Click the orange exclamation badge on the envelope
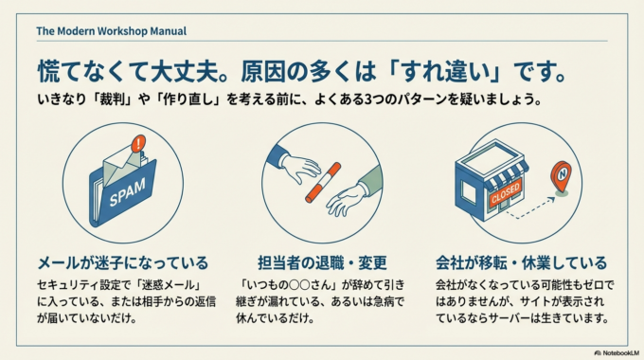click(140, 145)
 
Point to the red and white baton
click(321, 183)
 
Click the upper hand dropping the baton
click(295, 165)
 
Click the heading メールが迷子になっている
click(122, 262)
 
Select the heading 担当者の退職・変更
click(321, 262)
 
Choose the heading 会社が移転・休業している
click(521, 262)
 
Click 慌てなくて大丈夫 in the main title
click(122, 70)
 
